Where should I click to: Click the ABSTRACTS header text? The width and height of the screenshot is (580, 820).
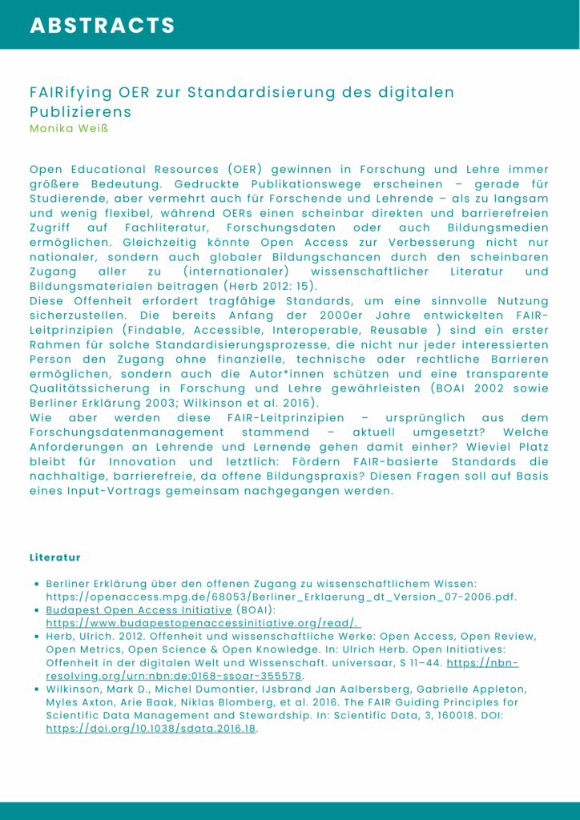103,26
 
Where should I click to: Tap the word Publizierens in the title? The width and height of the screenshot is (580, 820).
81,111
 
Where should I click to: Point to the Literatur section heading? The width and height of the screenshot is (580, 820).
55,557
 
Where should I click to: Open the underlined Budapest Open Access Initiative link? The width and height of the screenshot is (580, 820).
139,609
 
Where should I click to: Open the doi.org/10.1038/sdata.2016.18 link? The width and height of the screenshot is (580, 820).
151,730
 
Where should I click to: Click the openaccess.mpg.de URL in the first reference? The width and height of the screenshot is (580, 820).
281,597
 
